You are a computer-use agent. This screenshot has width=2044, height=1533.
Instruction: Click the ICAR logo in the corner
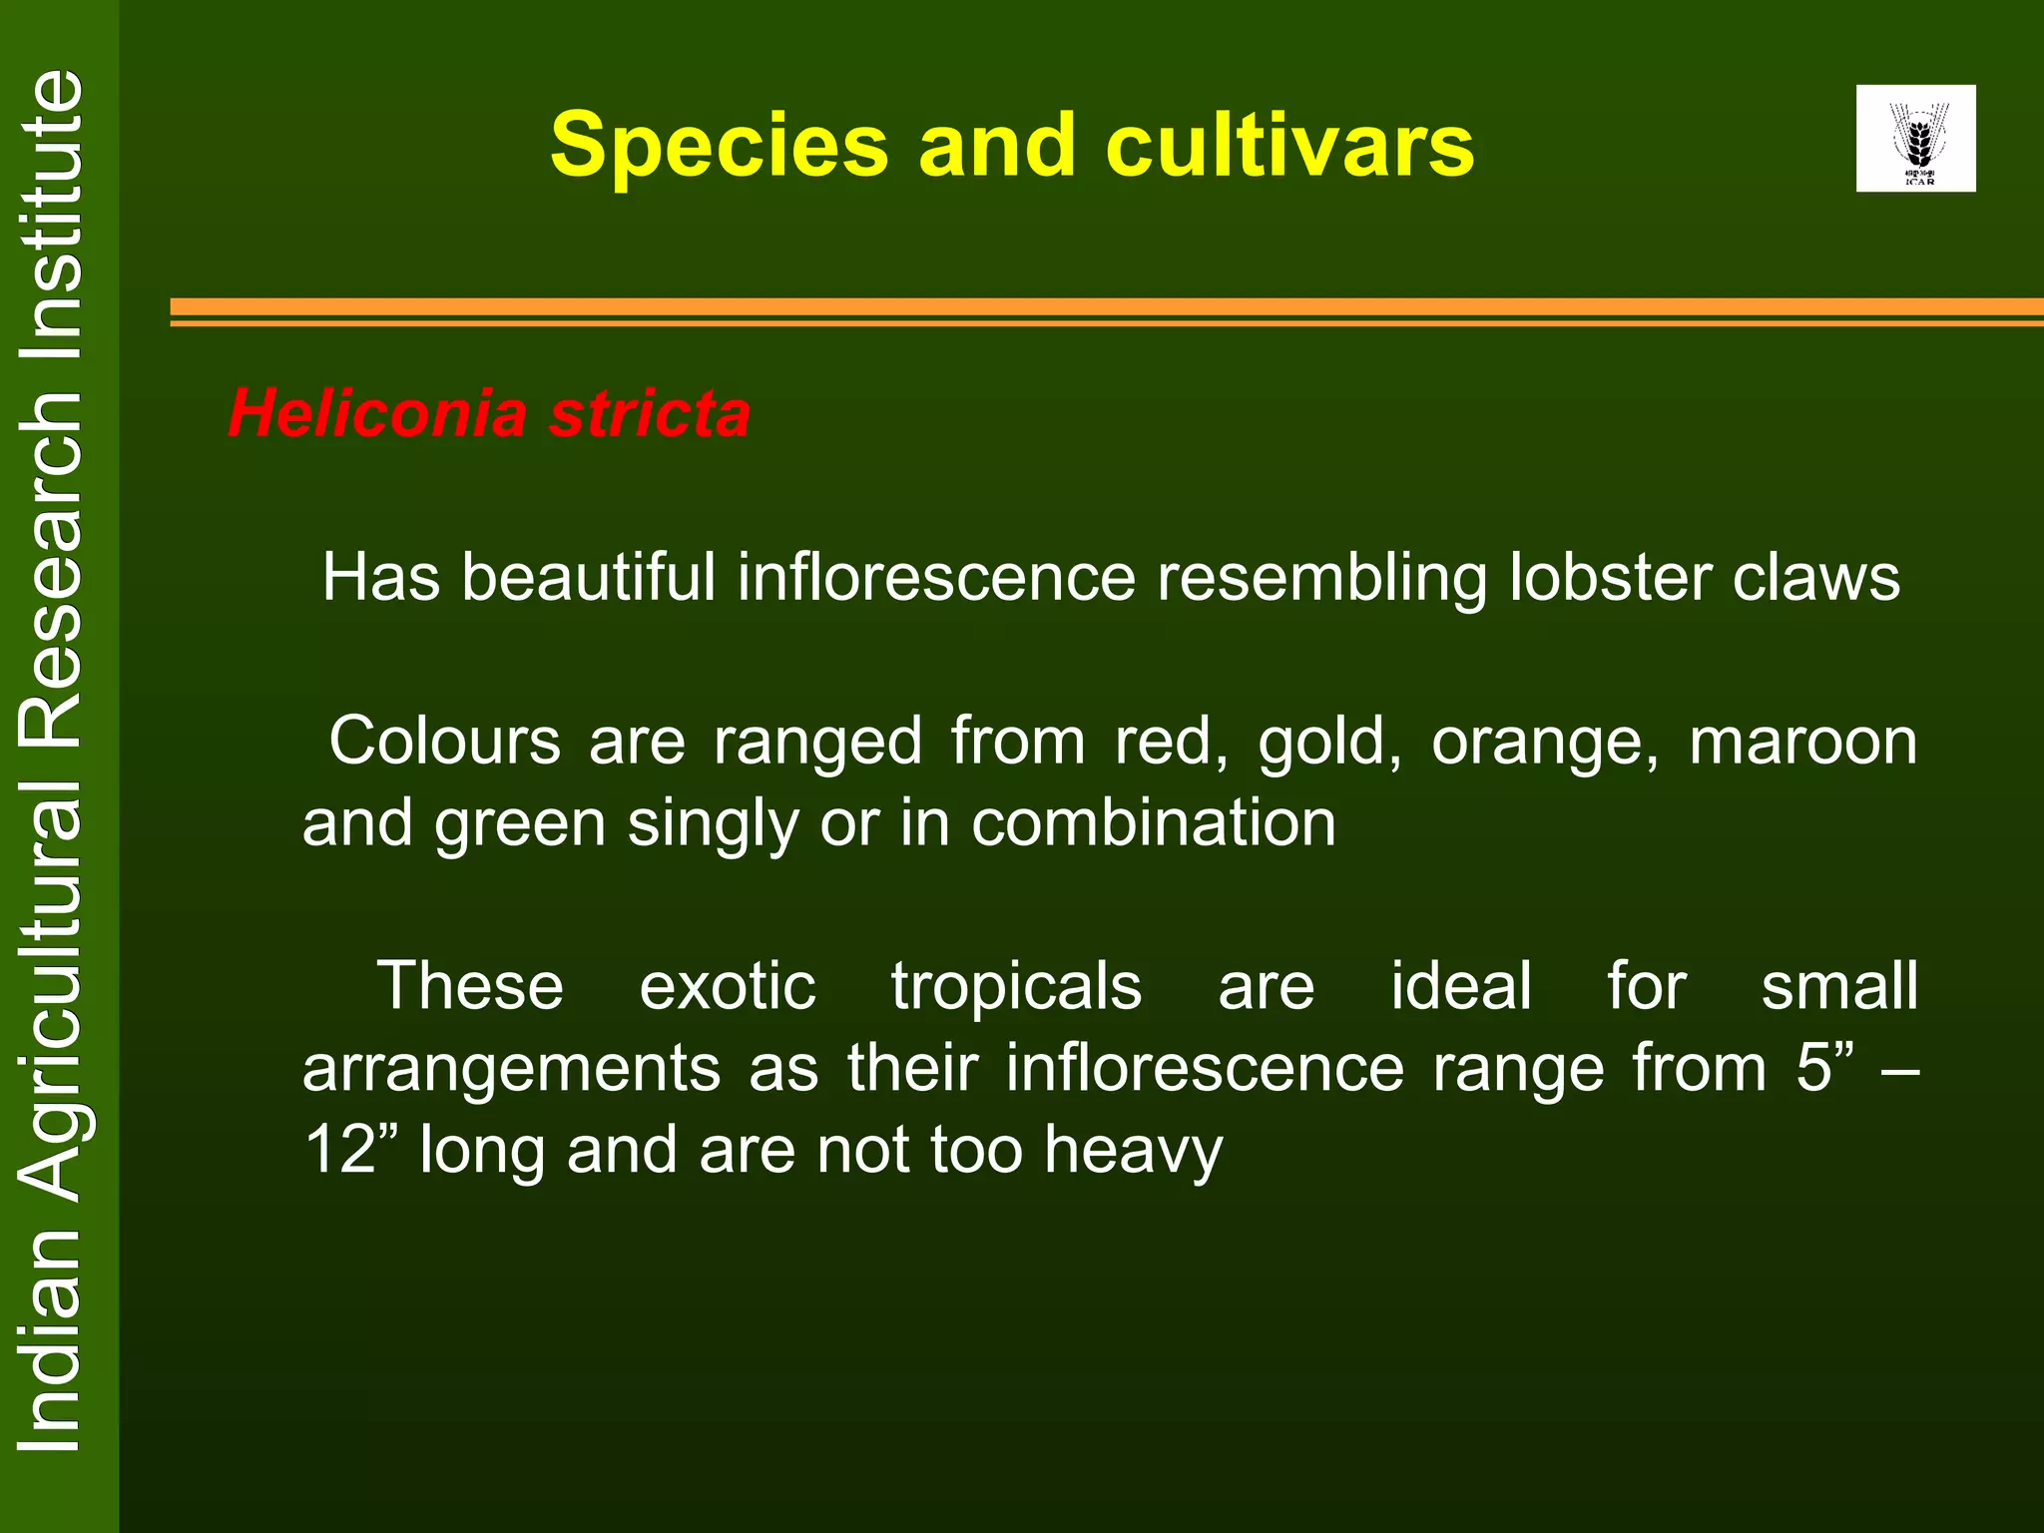[1915, 138]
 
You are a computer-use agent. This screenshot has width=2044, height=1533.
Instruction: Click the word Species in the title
[719, 147]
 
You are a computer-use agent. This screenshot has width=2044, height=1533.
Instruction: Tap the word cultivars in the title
[1289, 147]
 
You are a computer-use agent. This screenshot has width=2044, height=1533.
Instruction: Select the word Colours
[445, 742]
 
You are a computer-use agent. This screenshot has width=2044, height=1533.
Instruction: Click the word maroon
[1802, 742]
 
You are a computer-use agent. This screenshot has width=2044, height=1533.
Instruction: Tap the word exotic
[728, 986]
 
